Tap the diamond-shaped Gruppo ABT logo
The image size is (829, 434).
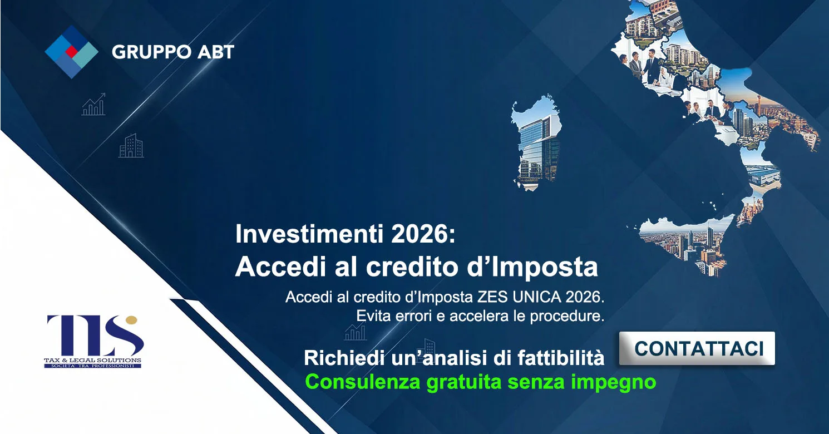[x=71, y=51]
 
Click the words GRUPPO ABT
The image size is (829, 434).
[x=173, y=52]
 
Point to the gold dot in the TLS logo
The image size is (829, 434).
[x=131, y=320]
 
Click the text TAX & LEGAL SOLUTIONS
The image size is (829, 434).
[x=93, y=361]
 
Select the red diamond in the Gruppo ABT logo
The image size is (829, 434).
[x=71, y=52]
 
